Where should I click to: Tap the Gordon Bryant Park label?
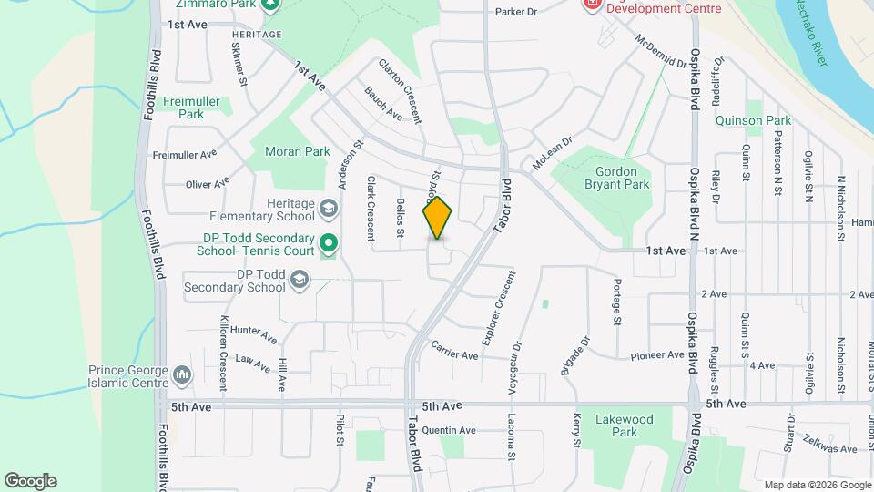point(623,178)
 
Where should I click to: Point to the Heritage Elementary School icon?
point(327,210)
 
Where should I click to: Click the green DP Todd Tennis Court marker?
point(329,243)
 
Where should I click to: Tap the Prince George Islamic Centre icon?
point(182,375)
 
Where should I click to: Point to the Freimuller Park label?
point(191,108)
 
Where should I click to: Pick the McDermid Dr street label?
point(661,53)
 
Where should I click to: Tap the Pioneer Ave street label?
point(656,355)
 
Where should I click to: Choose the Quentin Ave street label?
point(450,430)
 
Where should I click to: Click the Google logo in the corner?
point(30,481)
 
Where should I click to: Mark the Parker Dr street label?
point(516,12)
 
